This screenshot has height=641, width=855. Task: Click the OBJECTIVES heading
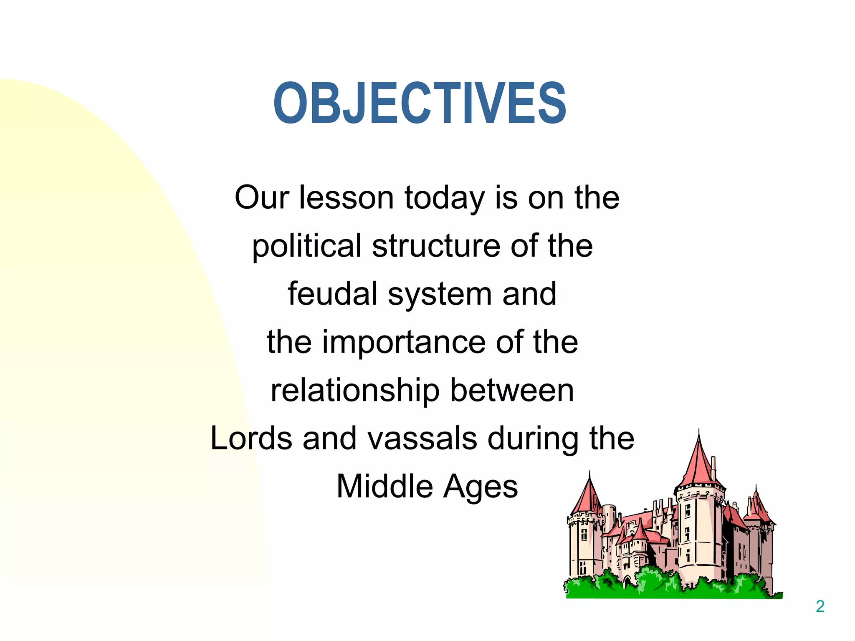pyautogui.click(x=420, y=103)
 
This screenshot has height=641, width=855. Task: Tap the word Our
pyautogui.click(x=262, y=197)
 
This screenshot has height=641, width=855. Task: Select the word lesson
pyautogui.click(x=346, y=197)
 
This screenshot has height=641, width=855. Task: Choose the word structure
pyautogui.click(x=436, y=246)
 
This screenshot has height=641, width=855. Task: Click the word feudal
pyautogui.click(x=332, y=294)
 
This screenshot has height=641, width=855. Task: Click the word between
pyautogui.click(x=512, y=390)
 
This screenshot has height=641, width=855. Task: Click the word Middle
pyautogui.click(x=384, y=486)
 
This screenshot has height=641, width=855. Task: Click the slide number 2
pyautogui.click(x=820, y=606)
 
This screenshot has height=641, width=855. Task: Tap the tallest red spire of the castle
pyautogui.click(x=699, y=463)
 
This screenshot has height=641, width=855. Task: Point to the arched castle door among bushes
pyautogui.click(x=627, y=582)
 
